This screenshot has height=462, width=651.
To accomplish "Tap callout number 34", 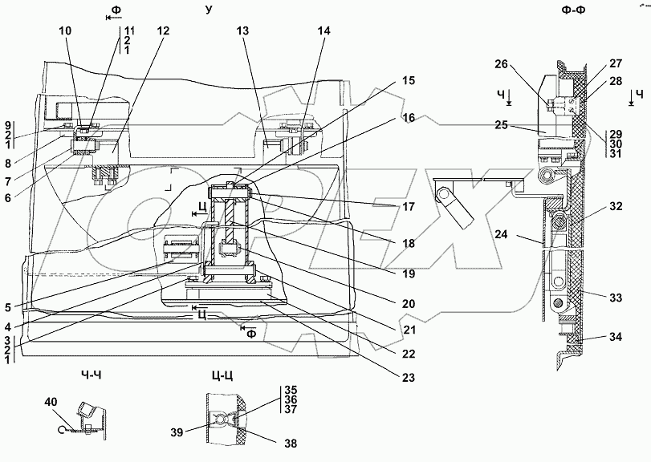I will (614, 337).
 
